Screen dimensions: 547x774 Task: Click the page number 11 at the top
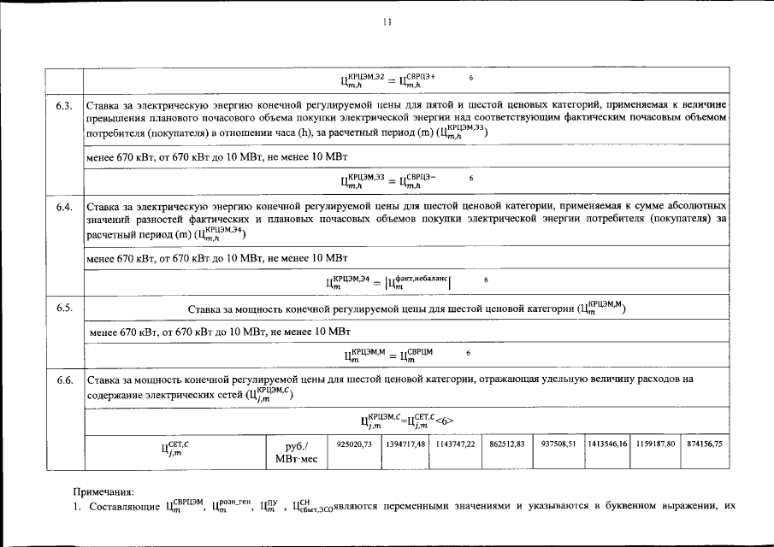pos(387,23)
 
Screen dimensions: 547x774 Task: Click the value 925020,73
pos(354,444)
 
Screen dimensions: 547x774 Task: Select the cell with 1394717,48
pos(405,444)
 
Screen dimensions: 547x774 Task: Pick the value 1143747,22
pos(455,444)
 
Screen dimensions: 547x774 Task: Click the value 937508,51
pos(557,444)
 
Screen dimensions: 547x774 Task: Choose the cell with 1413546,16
pos(607,444)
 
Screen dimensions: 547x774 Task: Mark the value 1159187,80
pos(657,444)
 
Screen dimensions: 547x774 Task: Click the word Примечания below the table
pos(103,491)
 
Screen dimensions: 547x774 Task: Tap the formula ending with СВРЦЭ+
pos(389,80)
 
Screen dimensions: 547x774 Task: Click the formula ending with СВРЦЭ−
pos(389,179)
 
